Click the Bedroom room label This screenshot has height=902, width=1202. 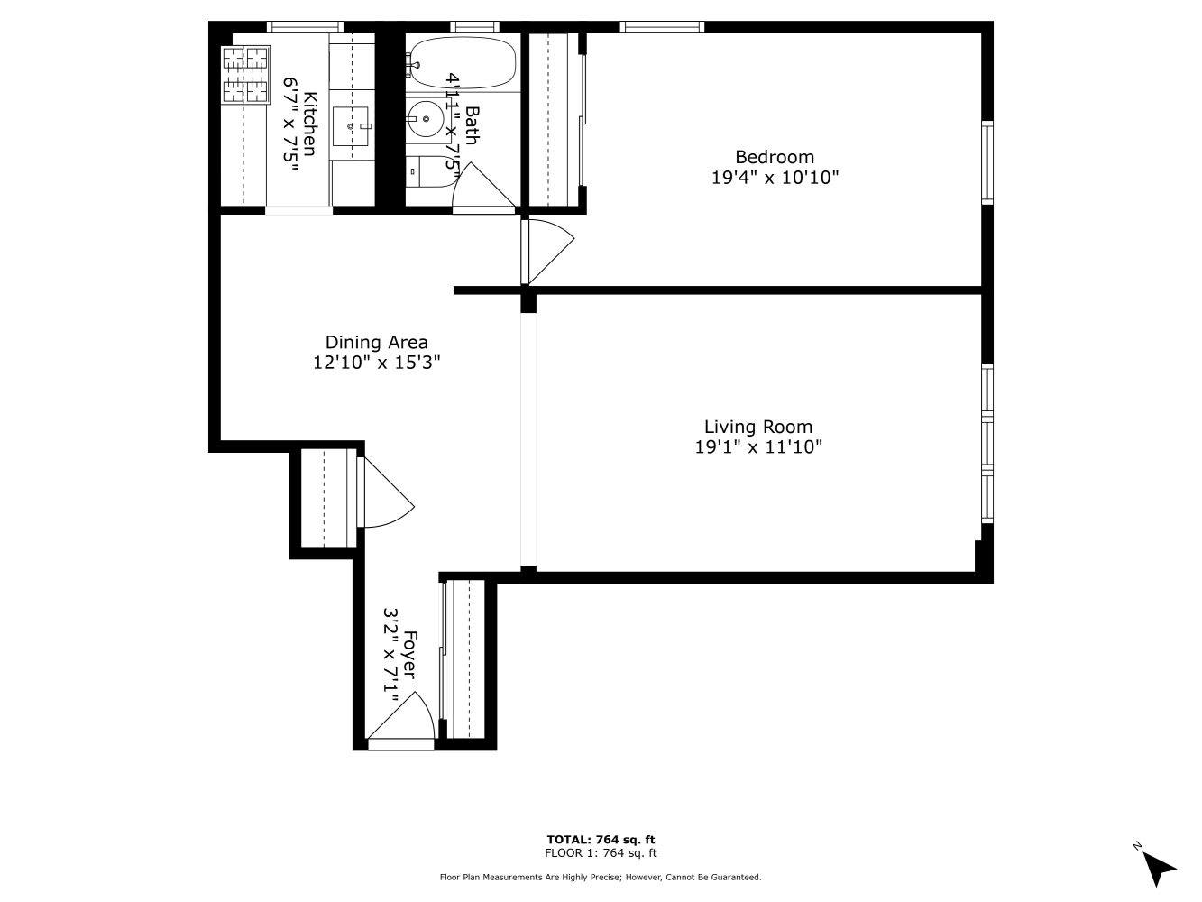tap(774, 157)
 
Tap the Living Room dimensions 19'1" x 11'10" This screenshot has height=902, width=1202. tap(758, 446)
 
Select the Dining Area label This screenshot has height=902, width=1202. tap(376, 343)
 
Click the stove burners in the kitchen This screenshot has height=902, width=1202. tap(246, 74)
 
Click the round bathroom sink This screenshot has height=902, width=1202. tap(423, 117)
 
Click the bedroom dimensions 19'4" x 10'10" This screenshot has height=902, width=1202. tap(775, 178)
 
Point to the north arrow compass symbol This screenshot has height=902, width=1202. tap(1157, 867)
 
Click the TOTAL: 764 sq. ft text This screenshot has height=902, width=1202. tap(601, 839)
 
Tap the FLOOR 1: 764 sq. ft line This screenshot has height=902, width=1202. tap(601, 853)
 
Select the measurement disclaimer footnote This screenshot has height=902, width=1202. tap(601, 877)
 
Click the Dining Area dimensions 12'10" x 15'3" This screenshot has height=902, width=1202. tap(376, 363)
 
